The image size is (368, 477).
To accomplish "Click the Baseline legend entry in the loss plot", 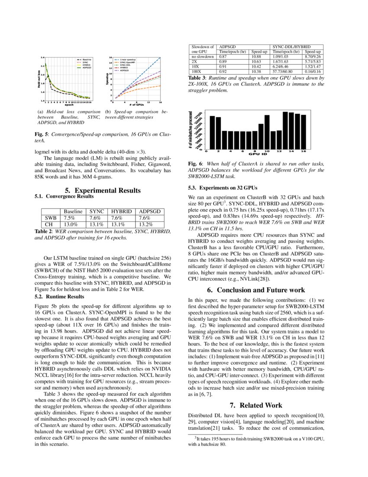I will click(87, 59).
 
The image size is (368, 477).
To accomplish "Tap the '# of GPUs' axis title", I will click(136, 105).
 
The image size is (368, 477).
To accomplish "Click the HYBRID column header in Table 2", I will click(119, 211).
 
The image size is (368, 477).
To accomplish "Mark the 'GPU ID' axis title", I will click(257, 154).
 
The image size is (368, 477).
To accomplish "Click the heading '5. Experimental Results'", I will click(103, 190).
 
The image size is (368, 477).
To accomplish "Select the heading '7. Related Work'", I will click(256, 405).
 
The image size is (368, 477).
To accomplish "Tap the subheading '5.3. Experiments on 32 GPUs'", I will click(223, 188).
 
